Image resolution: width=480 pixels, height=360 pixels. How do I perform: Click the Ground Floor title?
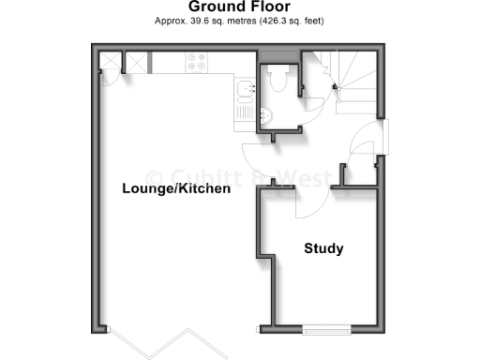tap(239, 7)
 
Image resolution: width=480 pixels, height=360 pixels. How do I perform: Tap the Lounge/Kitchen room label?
tap(176, 189)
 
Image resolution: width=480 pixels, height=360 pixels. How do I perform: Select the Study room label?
tap(323, 249)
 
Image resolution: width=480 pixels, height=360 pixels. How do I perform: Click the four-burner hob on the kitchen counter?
tap(198, 64)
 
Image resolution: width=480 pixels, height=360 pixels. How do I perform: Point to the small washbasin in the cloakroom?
tap(265, 116)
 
